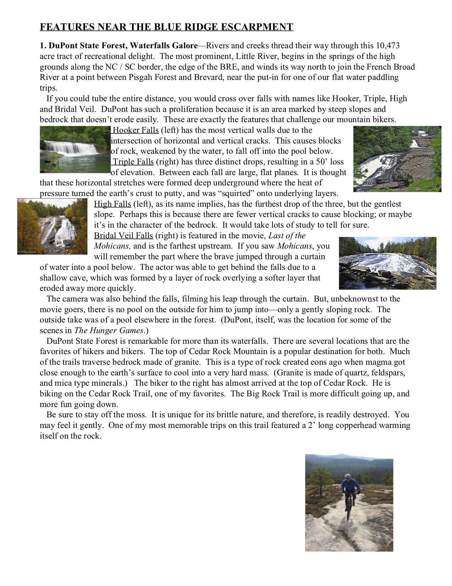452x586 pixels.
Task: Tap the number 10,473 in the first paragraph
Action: pyautogui.click(x=388, y=45)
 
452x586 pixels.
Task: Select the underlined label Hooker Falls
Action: pyautogui.click(x=135, y=130)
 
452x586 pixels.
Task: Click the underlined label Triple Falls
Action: pyautogui.click(x=133, y=162)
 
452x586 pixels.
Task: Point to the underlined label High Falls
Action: pyautogui.click(x=112, y=204)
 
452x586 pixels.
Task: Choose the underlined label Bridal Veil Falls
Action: pyautogui.click(x=123, y=236)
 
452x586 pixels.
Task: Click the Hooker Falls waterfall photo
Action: pyautogui.click(x=75, y=149)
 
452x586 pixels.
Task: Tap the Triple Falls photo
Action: pyautogui.click(x=397, y=159)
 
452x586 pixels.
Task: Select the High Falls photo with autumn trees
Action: pyautogui.click(x=52, y=226)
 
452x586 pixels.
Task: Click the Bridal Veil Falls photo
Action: pyautogui.click(x=387, y=263)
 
